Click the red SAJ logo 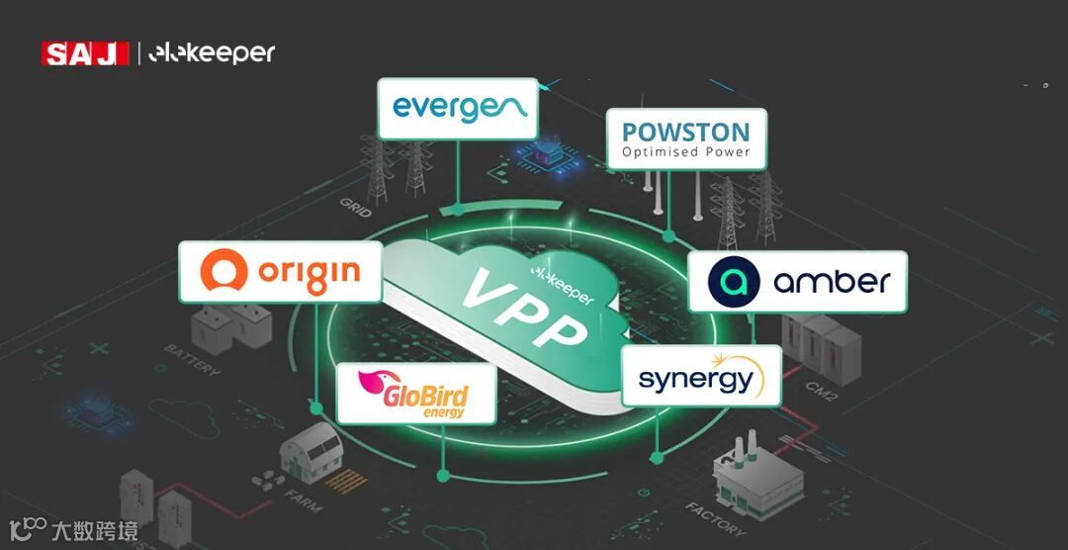coord(85,53)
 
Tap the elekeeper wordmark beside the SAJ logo coord(212,53)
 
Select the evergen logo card coord(458,108)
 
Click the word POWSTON coord(686,132)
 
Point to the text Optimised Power coord(686,152)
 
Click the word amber coord(832,281)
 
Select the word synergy coord(695,380)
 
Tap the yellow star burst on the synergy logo coord(750,362)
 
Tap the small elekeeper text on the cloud coord(563,283)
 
